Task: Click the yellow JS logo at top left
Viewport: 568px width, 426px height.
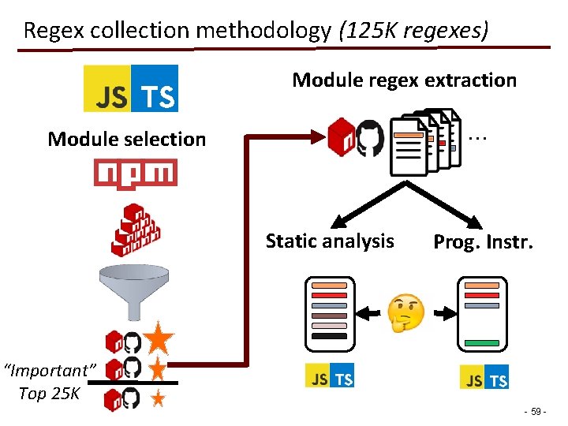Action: tap(107, 88)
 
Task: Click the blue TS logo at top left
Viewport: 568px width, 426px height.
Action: tap(155, 88)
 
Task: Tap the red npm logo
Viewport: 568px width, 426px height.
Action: tap(135, 173)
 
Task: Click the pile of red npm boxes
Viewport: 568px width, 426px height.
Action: tap(135, 230)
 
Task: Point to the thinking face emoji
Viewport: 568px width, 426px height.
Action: tap(406, 314)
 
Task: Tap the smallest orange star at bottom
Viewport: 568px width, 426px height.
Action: tap(158, 398)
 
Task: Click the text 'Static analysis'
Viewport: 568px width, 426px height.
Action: tap(330, 241)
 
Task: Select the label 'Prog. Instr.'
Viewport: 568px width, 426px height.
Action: tap(483, 242)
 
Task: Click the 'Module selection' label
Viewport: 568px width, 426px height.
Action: tap(126, 140)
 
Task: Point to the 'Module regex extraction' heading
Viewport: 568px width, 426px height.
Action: tap(404, 80)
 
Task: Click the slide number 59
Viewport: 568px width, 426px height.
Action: tap(536, 412)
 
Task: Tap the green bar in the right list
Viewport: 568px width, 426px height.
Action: tap(481, 343)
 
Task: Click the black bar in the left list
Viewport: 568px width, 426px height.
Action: tap(329, 336)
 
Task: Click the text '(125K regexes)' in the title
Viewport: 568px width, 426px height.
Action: tap(413, 31)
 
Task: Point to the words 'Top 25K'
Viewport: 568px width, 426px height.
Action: tap(49, 394)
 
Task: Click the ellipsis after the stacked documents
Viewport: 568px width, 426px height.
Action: tap(476, 137)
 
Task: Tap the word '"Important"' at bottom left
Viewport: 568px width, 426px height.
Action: tap(49, 370)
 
